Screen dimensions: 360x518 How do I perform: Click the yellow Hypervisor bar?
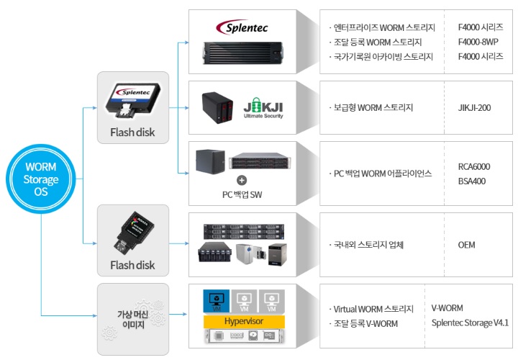click(x=244, y=320)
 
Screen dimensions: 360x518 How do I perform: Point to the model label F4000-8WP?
click(x=480, y=42)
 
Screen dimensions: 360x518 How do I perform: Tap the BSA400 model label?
click(x=472, y=181)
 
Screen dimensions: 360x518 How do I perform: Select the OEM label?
click(x=466, y=245)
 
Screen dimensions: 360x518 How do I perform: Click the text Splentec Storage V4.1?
click(x=470, y=323)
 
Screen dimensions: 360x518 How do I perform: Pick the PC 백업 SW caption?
click(x=242, y=194)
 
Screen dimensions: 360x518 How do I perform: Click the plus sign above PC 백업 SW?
click(x=242, y=180)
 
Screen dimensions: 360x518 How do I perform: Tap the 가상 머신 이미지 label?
click(x=133, y=320)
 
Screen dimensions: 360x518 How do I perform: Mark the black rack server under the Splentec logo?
click(x=244, y=50)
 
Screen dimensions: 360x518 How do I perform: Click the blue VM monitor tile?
click(x=216, y=300)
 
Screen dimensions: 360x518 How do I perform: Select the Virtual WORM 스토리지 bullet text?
click(x=373, y=309)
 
